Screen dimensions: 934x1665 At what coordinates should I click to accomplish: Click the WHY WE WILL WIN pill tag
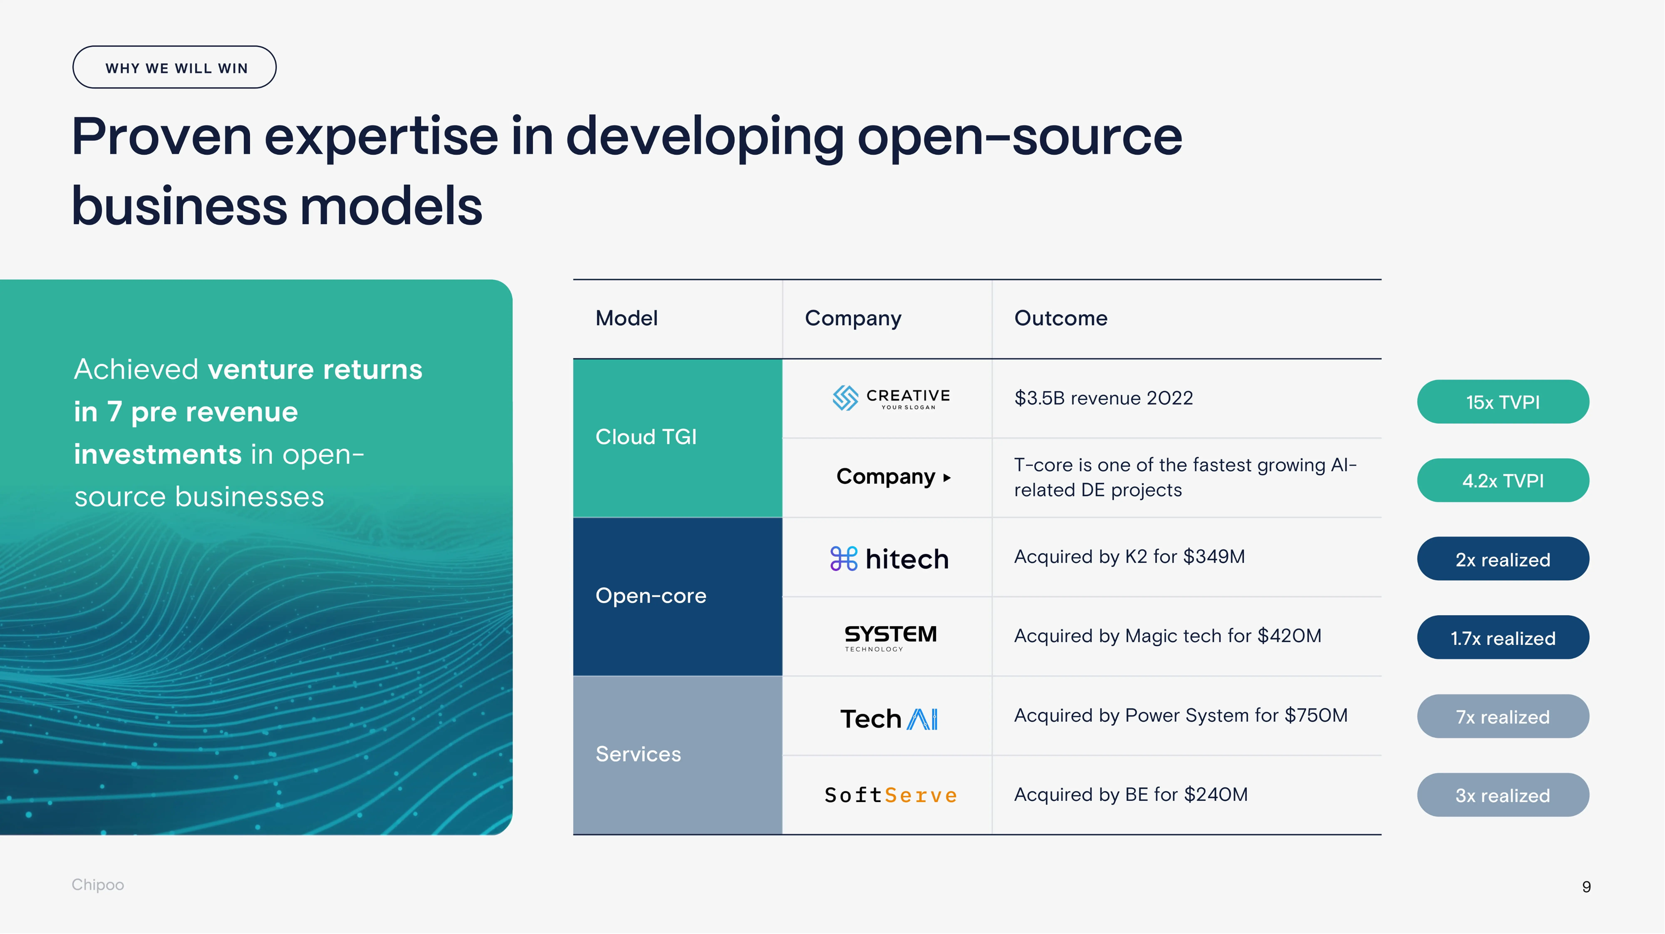175,67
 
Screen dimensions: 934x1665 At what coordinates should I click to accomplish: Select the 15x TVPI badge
1503,402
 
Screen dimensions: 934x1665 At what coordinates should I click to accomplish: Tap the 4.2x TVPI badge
1503,481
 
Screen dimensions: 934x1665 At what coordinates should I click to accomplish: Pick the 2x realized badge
1503,559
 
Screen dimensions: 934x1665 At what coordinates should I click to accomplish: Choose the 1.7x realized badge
1503,638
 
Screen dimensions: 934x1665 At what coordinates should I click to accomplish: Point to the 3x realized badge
1503,795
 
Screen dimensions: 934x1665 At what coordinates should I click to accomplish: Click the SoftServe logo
890,795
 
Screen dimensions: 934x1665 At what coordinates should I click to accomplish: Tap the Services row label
638,754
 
